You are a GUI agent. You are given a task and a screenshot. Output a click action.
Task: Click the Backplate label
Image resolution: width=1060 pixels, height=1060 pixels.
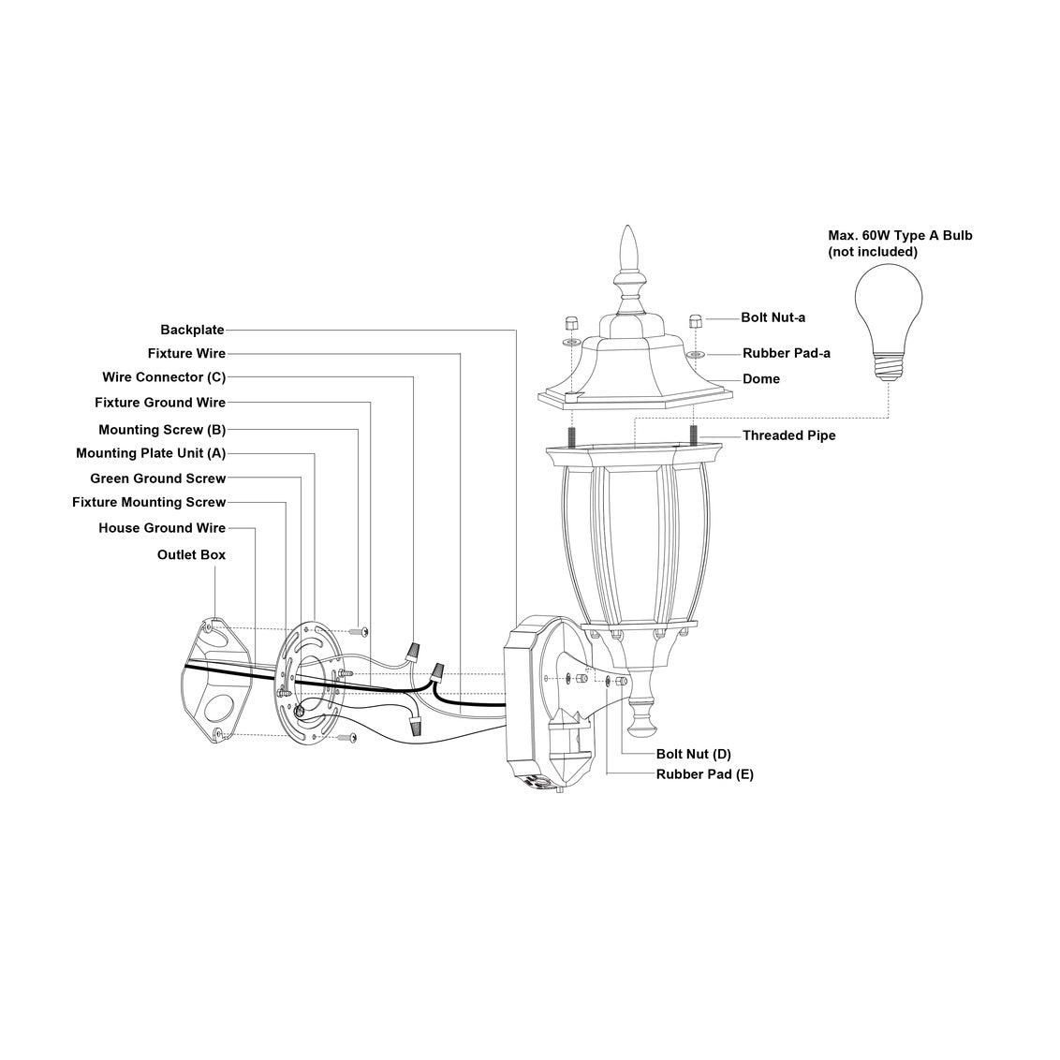pos(192,330)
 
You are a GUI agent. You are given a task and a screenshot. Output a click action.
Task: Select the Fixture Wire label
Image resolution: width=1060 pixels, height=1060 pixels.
pos(186,354)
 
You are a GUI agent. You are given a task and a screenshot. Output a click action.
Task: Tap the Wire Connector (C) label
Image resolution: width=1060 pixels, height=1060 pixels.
pos(164,377)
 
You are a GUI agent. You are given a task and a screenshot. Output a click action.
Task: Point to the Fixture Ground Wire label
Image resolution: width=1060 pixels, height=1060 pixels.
pos(160,403)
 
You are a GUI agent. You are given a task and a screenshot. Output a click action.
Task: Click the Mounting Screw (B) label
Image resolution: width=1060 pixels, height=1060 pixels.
pos(162,430)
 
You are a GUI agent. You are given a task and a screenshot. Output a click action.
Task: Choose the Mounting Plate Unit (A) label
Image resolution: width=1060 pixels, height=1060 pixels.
pos(151,453)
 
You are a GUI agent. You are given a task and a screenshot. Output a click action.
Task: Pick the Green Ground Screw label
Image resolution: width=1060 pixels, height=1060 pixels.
pos(158,478)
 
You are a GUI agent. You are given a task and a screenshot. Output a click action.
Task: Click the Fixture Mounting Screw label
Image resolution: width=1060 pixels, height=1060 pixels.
pos(149,503)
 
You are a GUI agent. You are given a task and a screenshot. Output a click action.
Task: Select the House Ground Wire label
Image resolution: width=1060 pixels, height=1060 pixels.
pos(162,528)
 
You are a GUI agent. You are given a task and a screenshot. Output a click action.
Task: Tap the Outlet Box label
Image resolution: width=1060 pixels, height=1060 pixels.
pos(191,554)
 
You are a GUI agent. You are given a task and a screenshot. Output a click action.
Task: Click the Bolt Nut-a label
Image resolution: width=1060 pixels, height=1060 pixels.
pos(773,317)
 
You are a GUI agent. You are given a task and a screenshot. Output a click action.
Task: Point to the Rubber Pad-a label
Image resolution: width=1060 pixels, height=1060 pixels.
pos(786,353)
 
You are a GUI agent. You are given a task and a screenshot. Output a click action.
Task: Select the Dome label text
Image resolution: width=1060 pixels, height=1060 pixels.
pos(760,379)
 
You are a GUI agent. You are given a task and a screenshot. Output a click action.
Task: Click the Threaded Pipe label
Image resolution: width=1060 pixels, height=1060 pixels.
pos(788,435)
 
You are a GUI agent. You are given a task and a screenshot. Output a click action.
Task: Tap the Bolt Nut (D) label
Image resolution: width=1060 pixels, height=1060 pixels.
pos(693,754)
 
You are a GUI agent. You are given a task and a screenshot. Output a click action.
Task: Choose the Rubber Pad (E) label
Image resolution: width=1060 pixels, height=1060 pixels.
pos(704,774)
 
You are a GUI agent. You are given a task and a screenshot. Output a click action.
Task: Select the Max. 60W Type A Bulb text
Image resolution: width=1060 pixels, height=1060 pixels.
pos(900,235)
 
